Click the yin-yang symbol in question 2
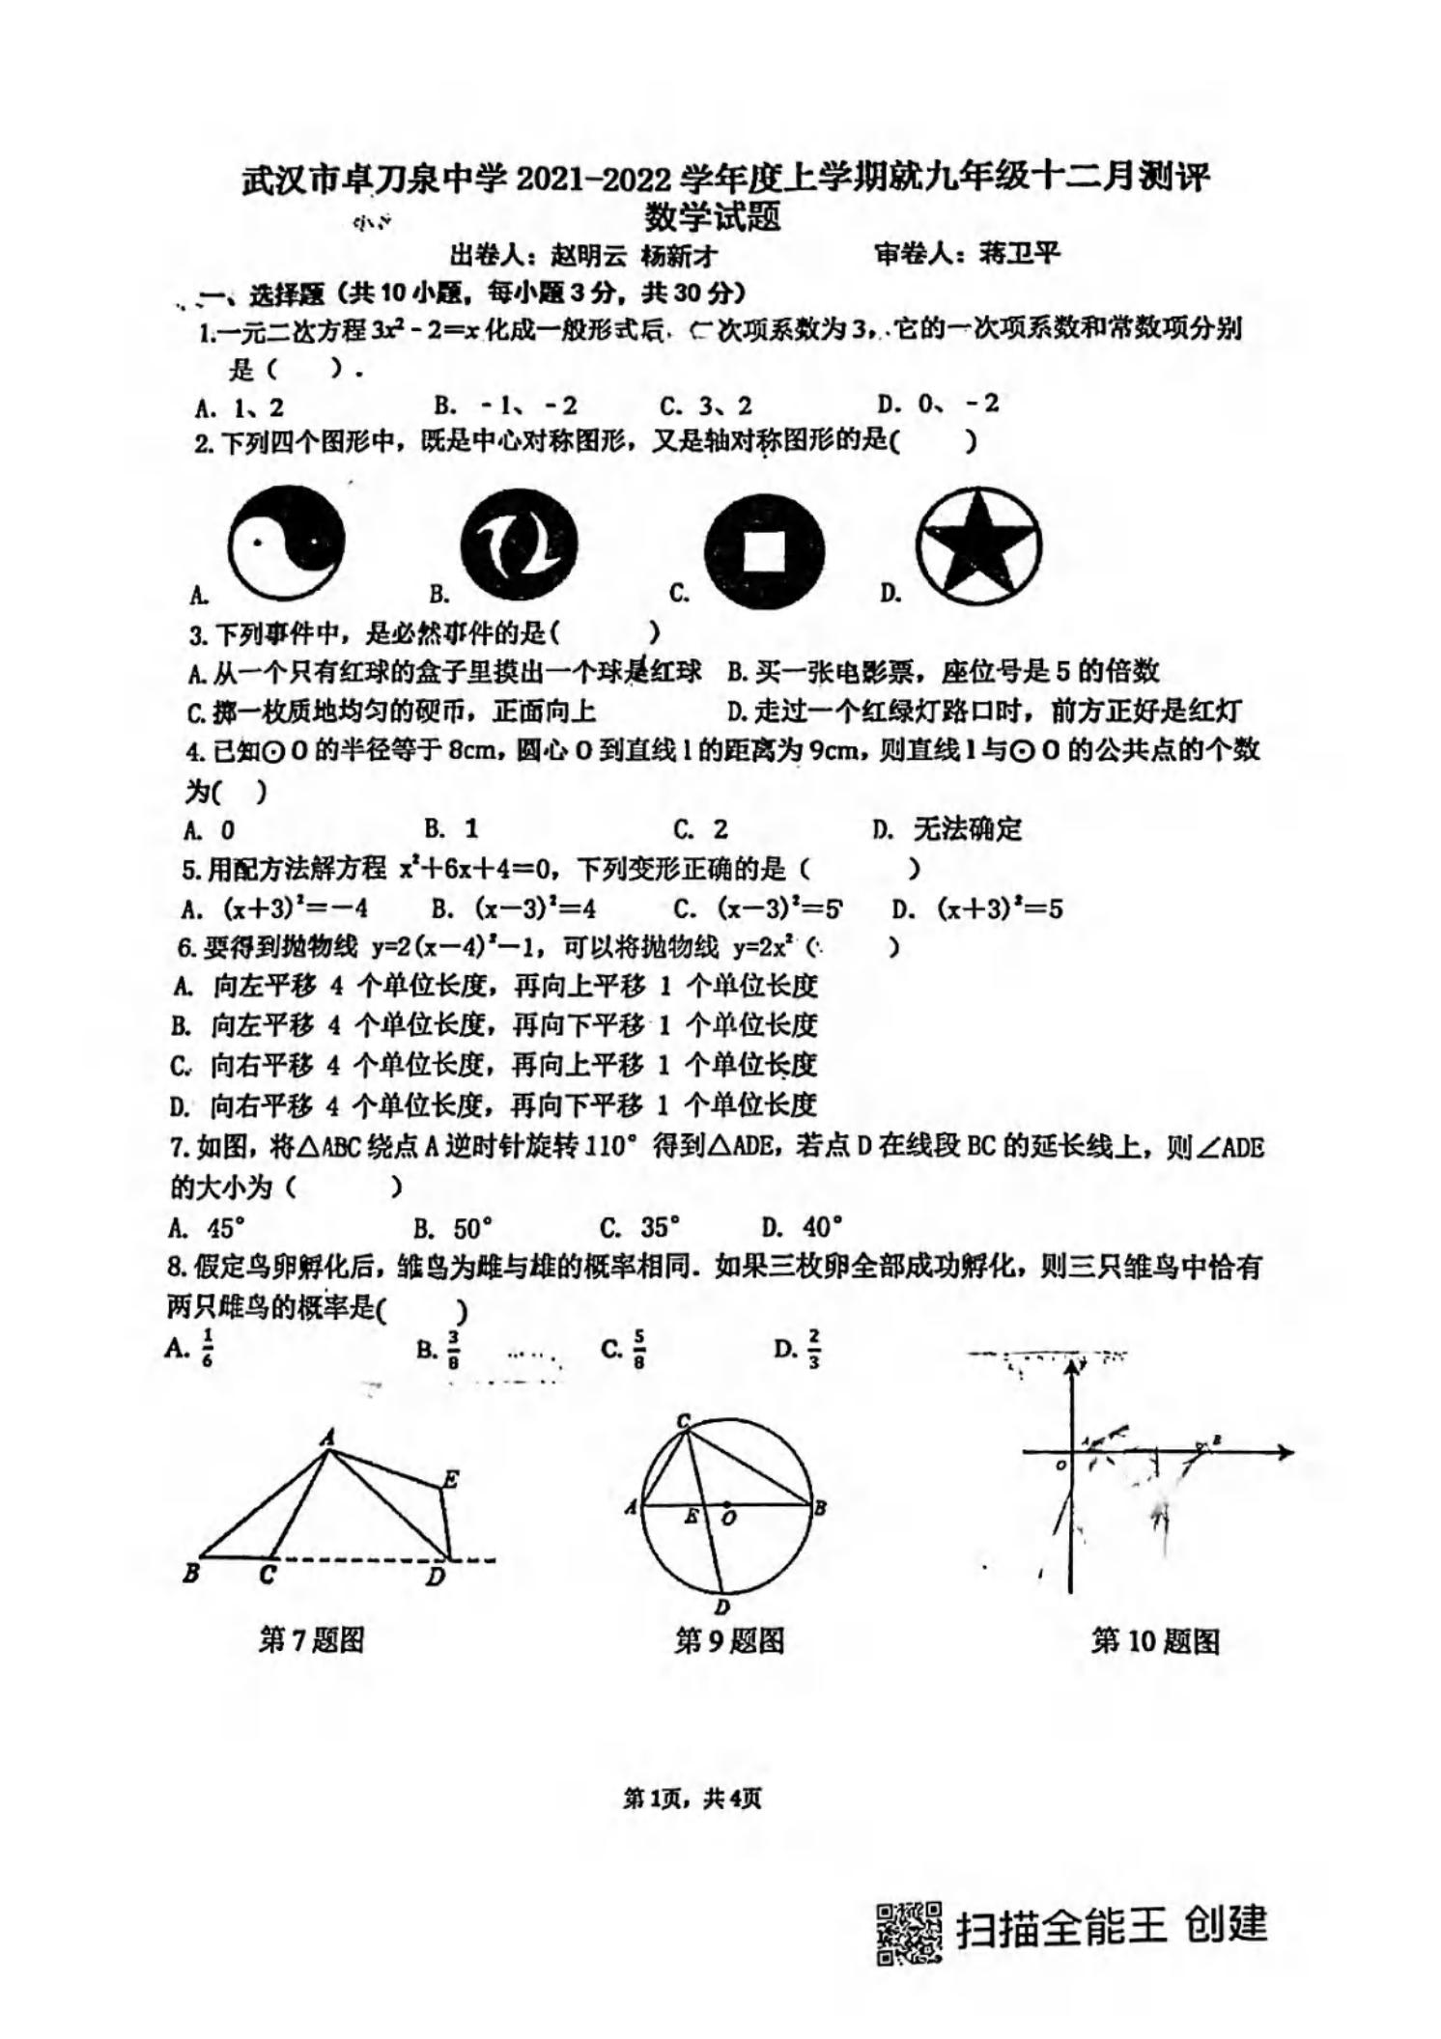pyautogui.click(x=286, y=544)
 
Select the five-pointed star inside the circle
pyautogui.click(x=978, y=544)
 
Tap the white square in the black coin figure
pyautogui.click(x=764, y=551)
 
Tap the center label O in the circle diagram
pyautogui.click(x=729, y=1519)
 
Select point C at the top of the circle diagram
pyautogui.click(x=684, y=1420)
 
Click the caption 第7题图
pyautogui.click(x=311, y=1640)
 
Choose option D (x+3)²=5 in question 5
pyautogui.click(x=999, y=908)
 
